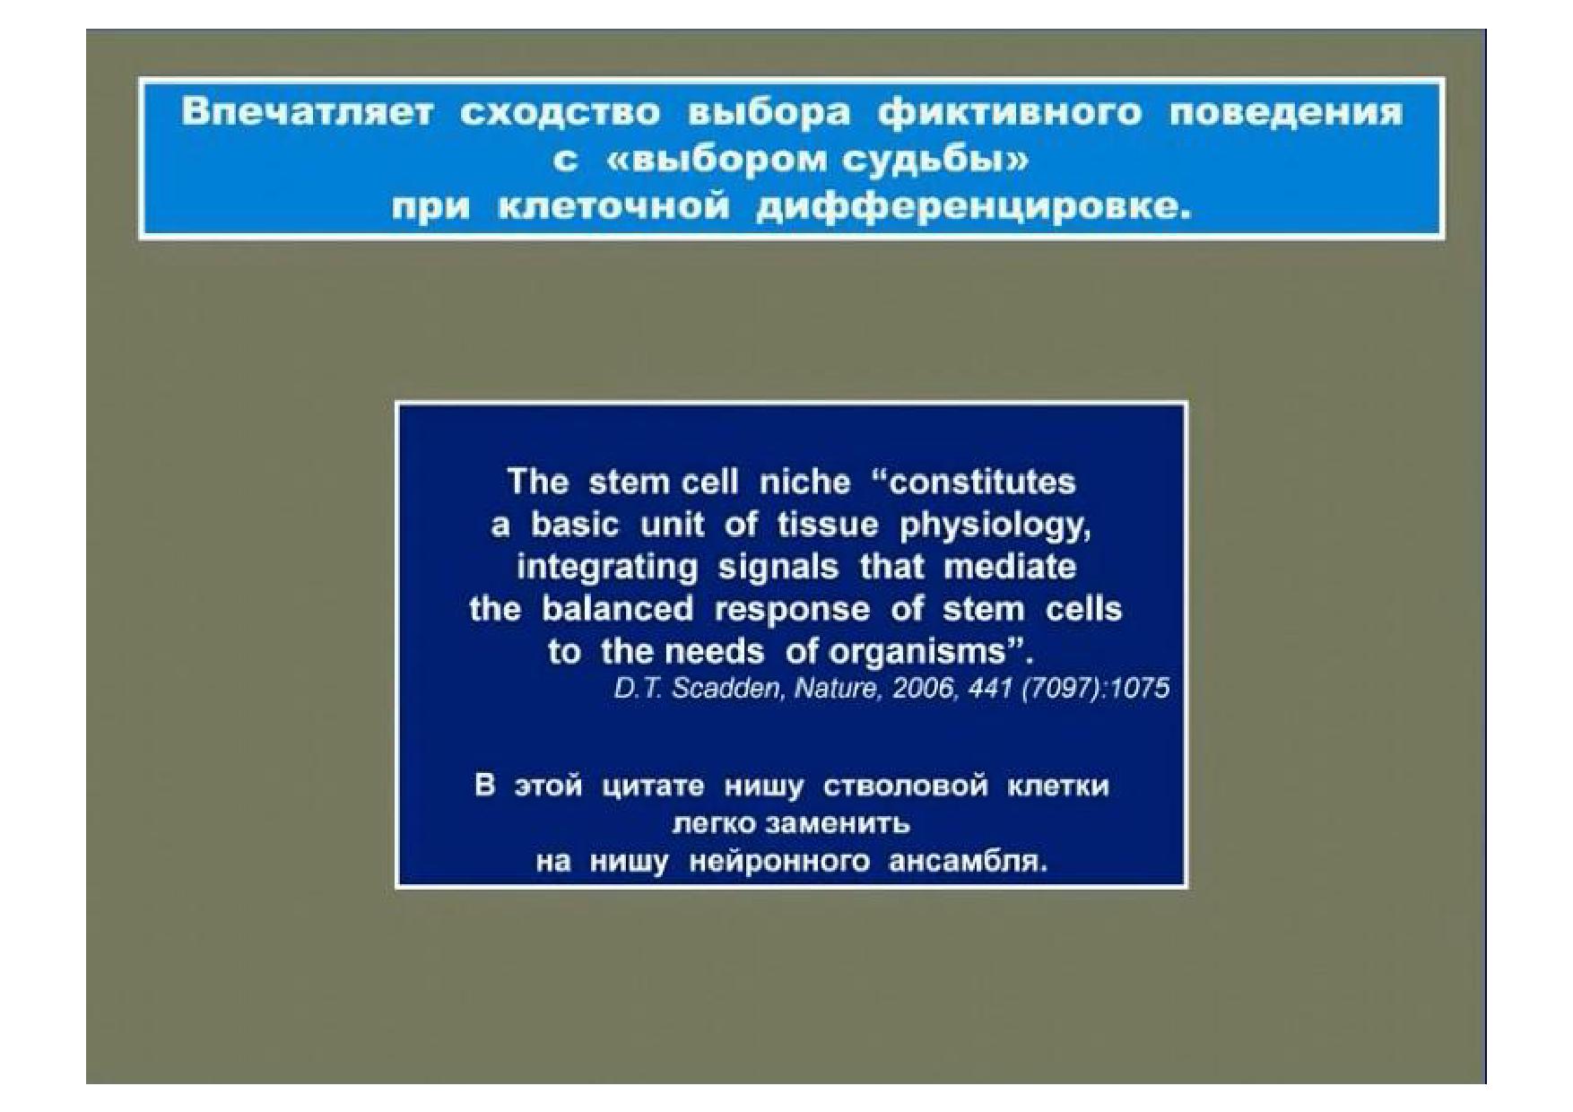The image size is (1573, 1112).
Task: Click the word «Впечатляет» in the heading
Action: [308, 113]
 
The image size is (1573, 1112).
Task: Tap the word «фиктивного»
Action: [1010, 113]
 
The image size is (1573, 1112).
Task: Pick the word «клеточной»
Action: [613, 208]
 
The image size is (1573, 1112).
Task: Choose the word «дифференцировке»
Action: [974, 208]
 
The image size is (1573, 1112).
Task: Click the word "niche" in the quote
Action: [804, 482]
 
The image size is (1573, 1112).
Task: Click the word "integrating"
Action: [607, 568]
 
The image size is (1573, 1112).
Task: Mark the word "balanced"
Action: [617, 610]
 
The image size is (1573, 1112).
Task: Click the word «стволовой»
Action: [905, 786]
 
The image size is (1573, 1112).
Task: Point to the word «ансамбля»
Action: [968, 862]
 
